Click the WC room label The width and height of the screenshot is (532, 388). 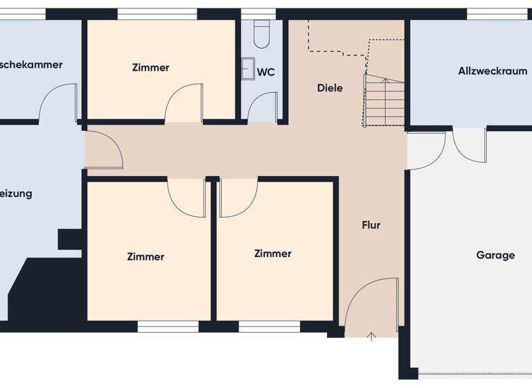(266, 72)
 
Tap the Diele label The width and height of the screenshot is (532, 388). (330, 88)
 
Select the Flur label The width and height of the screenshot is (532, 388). (371, 225)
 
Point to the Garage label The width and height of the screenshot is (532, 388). (495, 255)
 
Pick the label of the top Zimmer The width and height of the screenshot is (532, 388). (150, 68)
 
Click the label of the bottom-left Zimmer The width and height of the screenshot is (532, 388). (145, 257)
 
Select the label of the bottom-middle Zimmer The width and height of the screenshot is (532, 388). (273, 254)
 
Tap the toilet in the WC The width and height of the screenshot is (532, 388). (262, 34)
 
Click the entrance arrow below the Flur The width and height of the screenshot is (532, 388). (371, 337)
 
